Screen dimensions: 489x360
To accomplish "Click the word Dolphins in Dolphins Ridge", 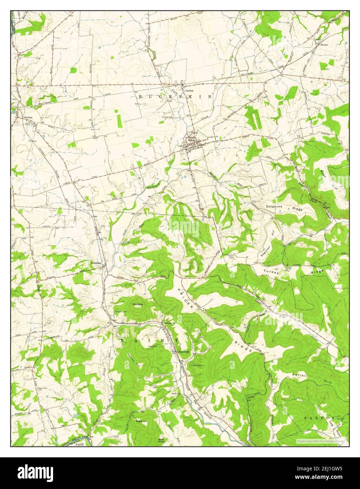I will click(x=274, y=207).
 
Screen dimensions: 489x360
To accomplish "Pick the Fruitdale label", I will click(x=96, y=262).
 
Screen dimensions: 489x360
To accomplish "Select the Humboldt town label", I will click(x=183, y=352).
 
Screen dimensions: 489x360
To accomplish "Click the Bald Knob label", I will click(x=161, y=440).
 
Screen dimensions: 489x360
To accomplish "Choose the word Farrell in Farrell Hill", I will click(x=300, y=375).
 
